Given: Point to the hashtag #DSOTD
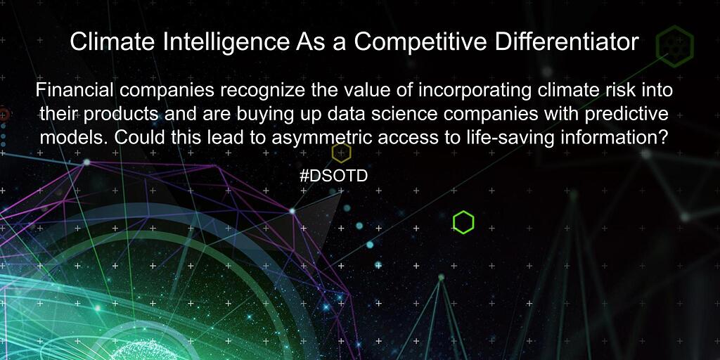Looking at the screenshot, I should [x=333, y=176].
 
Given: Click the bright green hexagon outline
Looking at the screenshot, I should [x=463, y=223].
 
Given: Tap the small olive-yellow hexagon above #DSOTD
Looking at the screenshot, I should [x=341, y=152].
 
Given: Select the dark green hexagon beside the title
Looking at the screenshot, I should [x=674, y=44].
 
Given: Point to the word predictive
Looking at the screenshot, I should [x=629, y=114].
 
